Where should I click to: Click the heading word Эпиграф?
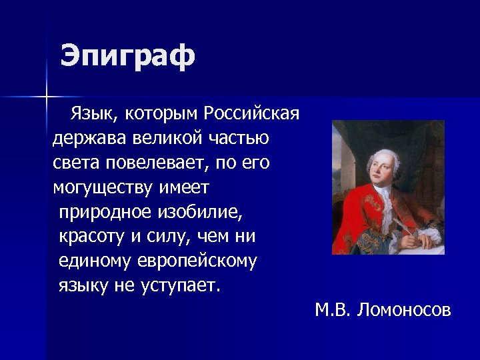(127, 56)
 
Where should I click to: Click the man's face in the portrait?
(381, 160)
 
